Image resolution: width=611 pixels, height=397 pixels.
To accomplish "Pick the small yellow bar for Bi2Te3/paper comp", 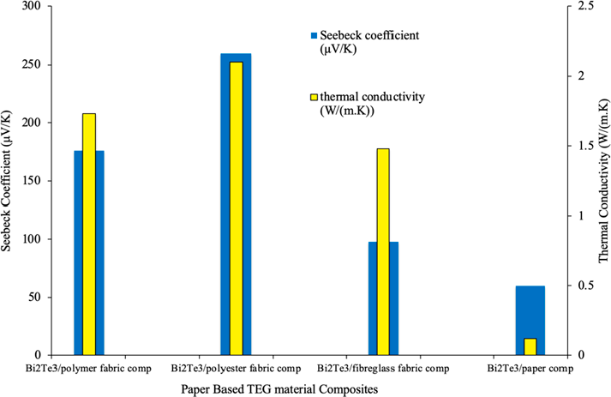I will (530, 346).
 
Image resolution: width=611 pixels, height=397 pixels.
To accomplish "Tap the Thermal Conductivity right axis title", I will (602, 180).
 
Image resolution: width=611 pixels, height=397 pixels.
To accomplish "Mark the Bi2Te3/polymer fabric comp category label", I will (88, 369).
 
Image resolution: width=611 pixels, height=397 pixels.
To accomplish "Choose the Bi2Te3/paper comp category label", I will (529, 369).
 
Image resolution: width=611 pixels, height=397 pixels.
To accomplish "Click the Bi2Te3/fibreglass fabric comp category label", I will (382, 369).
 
